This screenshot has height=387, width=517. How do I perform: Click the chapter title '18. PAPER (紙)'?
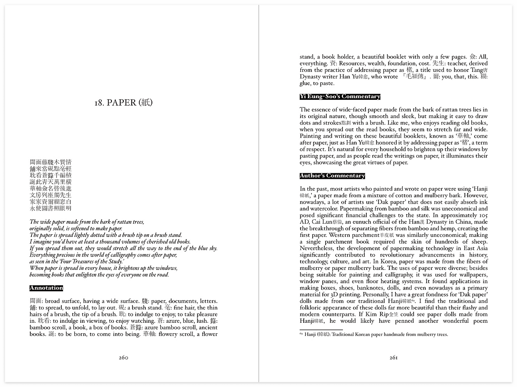[x=124, y=103]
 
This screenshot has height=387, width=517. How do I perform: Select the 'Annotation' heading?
[x=46, y=288]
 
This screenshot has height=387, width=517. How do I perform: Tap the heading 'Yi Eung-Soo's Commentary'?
[x=340, y=97]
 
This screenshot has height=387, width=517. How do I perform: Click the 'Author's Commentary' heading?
[x=332, y=176]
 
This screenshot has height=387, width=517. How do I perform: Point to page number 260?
[x=124, y=358]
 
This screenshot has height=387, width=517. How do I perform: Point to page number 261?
[x=393, y=358]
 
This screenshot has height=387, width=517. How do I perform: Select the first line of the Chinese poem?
[x=50, y=162]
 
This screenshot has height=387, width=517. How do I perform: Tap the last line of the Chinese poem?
[x=50, y=208]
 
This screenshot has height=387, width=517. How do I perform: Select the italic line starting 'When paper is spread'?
[x=103, y=268]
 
